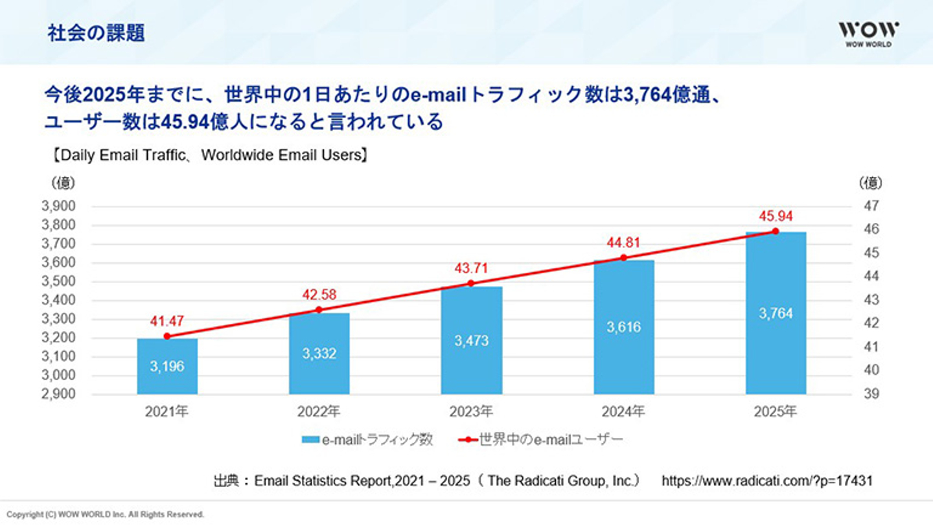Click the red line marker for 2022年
(319, 310)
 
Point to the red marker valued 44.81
(624, 257)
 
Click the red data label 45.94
(776, 216)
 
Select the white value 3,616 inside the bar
(624, 327)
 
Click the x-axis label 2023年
(472, 411)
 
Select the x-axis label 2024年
(624, 411)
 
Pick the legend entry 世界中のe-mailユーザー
(542, 440)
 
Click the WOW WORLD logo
(869, 34)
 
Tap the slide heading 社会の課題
(96, 34)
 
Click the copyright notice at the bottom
(106, 514)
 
